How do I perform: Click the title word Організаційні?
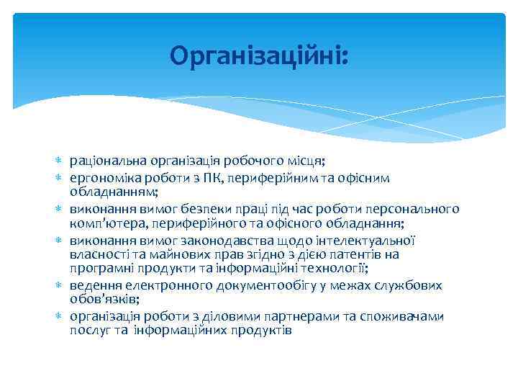[258, 55]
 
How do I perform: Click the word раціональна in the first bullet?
[101, 160]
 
